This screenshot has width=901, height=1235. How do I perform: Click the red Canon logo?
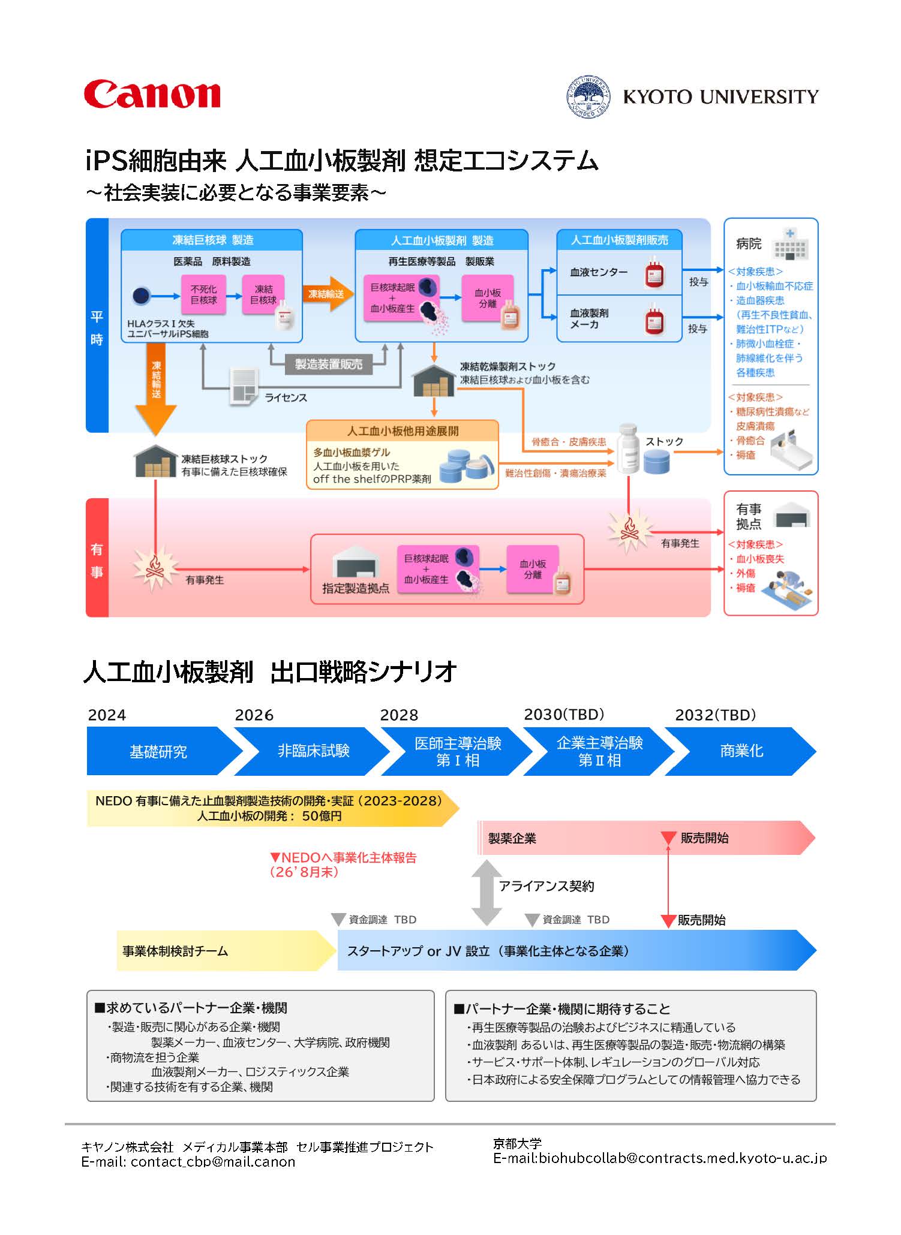(152, 95)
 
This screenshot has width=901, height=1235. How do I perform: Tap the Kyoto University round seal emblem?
(588, 97)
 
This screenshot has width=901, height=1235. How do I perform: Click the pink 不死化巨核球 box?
(203, 294)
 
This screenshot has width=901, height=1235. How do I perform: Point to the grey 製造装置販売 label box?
(328, 365)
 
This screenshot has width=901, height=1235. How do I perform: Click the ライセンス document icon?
(244, 387)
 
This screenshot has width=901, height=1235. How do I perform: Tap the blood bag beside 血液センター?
(654, 273)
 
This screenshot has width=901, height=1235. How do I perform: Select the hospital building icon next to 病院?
(791, 244)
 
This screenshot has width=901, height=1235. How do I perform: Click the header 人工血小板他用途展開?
(403, 431)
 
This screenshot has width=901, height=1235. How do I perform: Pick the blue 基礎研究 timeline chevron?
(159, 751)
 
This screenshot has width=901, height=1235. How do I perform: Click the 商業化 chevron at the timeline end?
(741, 751)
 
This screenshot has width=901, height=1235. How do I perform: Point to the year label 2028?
(399, 715)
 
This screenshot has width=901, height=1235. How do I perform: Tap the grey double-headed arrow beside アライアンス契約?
(486, 892)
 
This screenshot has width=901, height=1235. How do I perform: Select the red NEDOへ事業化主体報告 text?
(343, 858)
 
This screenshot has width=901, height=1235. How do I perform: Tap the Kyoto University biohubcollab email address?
(682, 1158)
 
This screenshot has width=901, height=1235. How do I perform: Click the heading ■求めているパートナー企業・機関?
(191, 1008)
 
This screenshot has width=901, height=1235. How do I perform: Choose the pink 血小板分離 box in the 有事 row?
(533, 569)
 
